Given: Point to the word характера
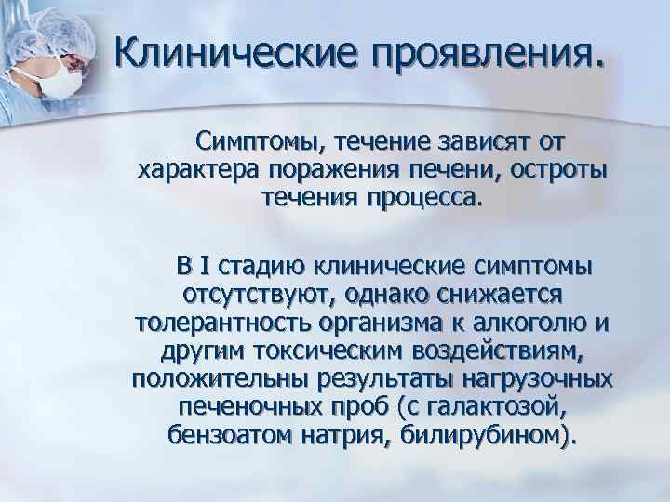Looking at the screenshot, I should coord(197,171).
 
